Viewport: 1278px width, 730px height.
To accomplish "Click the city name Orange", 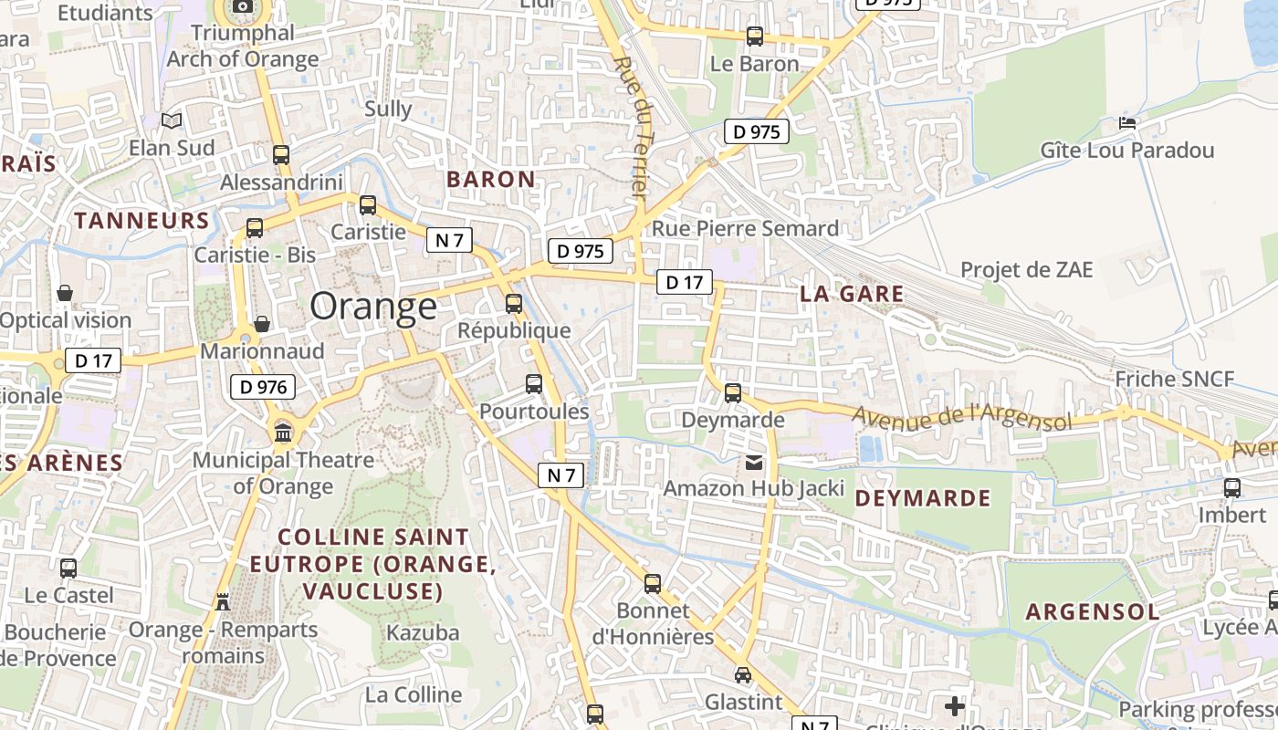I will tap(373, 307).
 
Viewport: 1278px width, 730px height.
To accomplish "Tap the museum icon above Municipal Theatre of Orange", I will tap(283, 432).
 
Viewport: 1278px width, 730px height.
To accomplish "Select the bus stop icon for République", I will tap(514, 303).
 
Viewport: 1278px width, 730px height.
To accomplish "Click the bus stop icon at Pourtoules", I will tap(534, 384).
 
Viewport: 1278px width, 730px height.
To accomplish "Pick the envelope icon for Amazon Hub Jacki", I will tap(754, 462).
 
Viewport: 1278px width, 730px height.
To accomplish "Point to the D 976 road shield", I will tap(263, 387).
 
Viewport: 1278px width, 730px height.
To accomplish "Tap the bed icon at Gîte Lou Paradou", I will tap(1127, 123).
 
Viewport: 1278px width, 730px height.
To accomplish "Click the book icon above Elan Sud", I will tap(172, 120).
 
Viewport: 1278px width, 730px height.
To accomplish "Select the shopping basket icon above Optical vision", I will tap(65, 293).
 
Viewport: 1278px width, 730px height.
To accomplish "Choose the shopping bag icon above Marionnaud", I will tap(262, 324).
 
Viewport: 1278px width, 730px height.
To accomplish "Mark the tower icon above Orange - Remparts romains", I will tap(223, 601).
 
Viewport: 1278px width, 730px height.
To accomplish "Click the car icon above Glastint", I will tap(743, 675).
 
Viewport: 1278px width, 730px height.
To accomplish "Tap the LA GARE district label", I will tap(851, 294).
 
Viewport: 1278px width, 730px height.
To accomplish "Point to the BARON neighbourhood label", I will tap(490, 179).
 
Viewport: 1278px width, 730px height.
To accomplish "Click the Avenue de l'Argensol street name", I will tap(961, 418).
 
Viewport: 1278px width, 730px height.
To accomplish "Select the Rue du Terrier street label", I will tap(630, 128).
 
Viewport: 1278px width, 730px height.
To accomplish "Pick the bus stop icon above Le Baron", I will tap(755, 36).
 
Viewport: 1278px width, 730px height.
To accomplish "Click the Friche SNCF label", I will tap(1174, 380).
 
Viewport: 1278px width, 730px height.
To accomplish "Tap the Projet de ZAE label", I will tap(1026, 269).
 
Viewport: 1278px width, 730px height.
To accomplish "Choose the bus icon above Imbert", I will tap(1232, 487).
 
